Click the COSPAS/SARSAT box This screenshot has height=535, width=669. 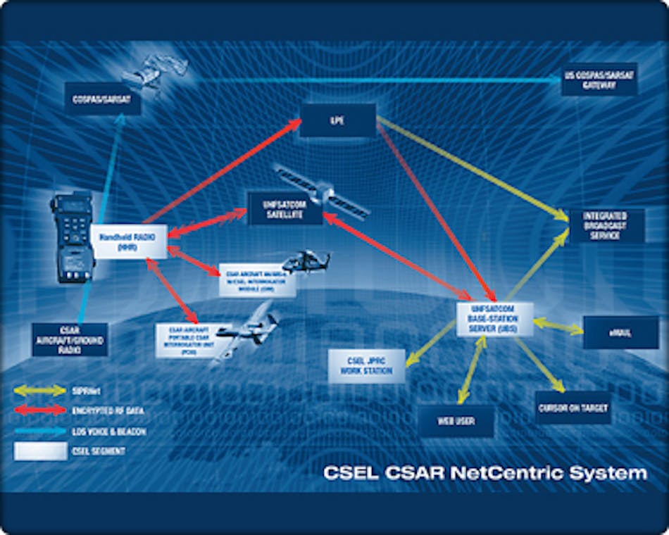pos(102,99)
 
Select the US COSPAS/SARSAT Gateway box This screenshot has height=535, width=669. pos(600,79)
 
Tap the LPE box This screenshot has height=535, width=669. pos(337,120)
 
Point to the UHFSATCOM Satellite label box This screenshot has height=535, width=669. pos(284,208)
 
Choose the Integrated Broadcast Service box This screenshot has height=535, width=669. pos(606,226)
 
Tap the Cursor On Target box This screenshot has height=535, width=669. pos(573,407)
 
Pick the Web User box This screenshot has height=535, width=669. pos(456,421)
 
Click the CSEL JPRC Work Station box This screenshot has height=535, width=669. pos(366,366)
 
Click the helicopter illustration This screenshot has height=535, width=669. pos(304,261)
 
